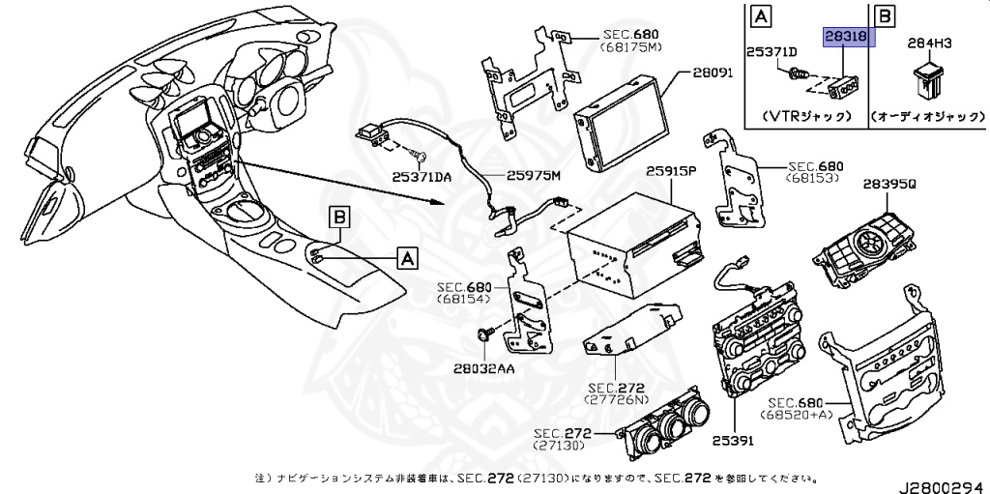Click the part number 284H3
click(x=929, y=44)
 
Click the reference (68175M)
click(x=630, y=45)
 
